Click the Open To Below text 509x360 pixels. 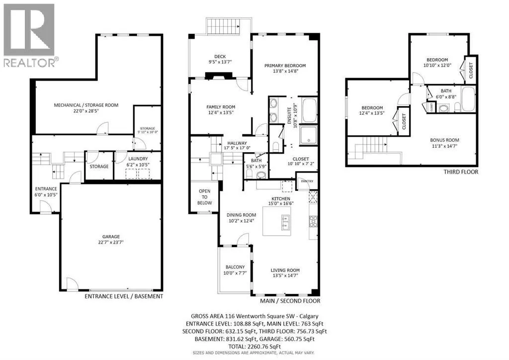pos(205,197)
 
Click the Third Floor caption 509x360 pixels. pos(461,172)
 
